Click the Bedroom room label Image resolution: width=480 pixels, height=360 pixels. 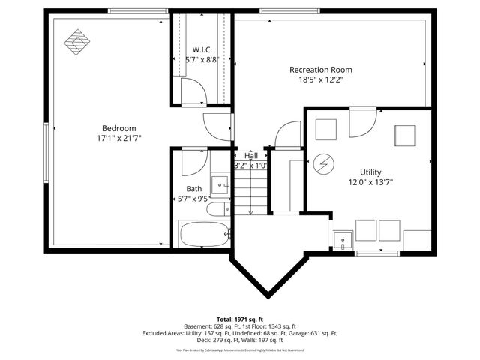[x=119, y=128]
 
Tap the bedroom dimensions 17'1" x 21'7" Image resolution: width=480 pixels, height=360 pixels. [x=119, y=139]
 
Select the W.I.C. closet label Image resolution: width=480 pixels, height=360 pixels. [x=202, y=49]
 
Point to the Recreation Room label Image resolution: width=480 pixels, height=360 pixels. [x=321, y=70]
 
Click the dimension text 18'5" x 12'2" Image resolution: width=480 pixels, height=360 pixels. [x=321, y=80]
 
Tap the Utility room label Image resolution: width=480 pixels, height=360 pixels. [x=370, y=172]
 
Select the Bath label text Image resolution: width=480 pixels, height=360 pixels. [x=194, y=189]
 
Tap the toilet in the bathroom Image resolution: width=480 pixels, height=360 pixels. [x=219, y=209]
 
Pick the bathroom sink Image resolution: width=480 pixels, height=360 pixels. [x=220, y=182]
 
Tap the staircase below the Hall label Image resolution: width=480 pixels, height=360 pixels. [x=250, y=191]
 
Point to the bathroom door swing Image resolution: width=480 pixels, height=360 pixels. [x=193, y=160]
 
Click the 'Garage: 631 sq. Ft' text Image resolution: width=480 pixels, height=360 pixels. [x=311, y=333]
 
